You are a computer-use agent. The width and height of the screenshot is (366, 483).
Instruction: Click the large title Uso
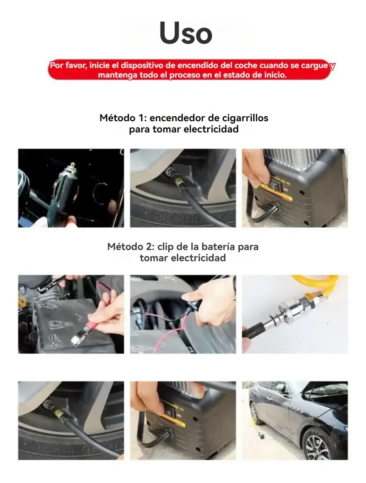186,33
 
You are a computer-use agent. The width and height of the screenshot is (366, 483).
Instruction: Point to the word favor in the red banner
76,66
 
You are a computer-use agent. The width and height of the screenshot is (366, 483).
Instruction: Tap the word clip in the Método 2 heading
165,247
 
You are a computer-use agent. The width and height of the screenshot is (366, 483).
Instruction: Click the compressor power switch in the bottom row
169,412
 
